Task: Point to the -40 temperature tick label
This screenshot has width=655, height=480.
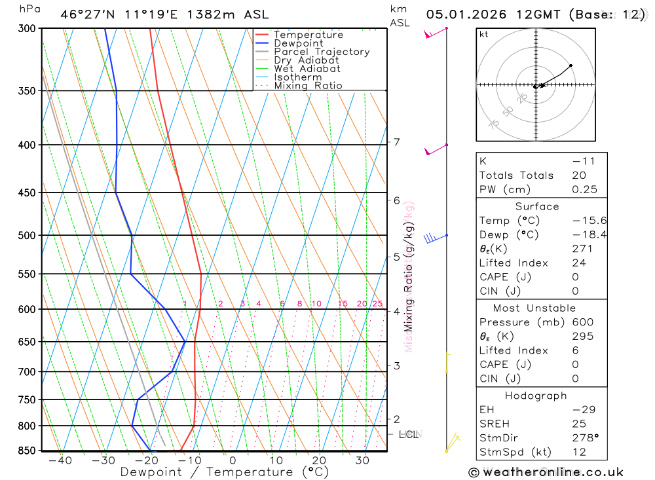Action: coord(60,461)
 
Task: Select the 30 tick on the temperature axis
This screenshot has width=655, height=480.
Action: coord(362,461)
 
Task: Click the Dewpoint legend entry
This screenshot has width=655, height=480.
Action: coord(299,43)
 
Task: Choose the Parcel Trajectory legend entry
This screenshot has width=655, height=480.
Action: coord(322,52)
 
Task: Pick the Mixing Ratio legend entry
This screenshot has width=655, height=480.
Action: coord(308,86)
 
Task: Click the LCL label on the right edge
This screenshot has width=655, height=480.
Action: coord(409,434)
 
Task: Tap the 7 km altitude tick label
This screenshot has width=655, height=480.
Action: coord(397,142)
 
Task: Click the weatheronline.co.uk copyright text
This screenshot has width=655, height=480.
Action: coord(546,472)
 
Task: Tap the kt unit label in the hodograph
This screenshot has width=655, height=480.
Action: coord(484,35)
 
